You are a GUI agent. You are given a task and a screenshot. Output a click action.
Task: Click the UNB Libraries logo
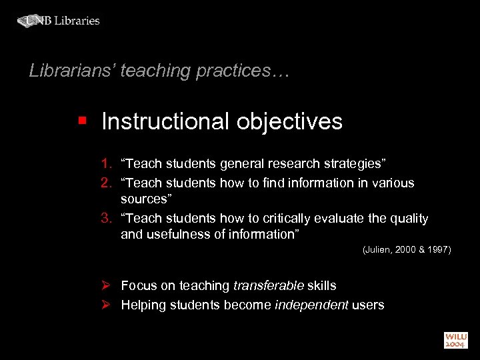(59, 21)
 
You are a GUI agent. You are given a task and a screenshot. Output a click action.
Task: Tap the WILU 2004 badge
(457, 339)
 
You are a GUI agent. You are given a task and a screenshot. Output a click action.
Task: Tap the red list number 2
(106, 183)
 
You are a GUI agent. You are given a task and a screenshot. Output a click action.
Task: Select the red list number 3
(106, 219)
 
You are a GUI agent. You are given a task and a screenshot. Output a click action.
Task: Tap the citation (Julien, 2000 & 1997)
(407, 250)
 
